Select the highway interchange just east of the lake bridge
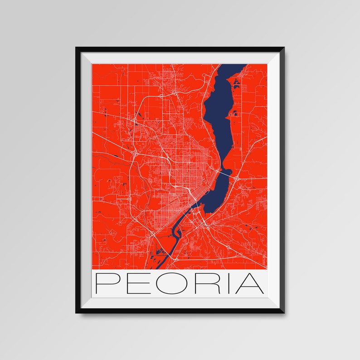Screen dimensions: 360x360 237,178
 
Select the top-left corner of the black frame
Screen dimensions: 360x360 77,48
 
